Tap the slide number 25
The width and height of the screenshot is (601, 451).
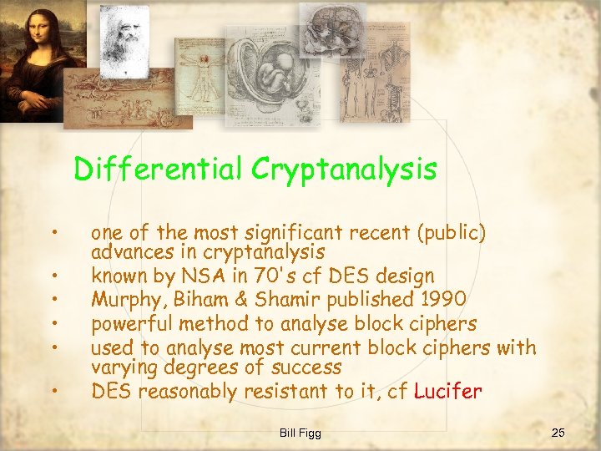[x=558, y=432]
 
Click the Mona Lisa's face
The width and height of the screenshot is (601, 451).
[x=30, y=37]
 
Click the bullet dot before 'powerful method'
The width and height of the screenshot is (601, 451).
[x=53, y=322]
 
